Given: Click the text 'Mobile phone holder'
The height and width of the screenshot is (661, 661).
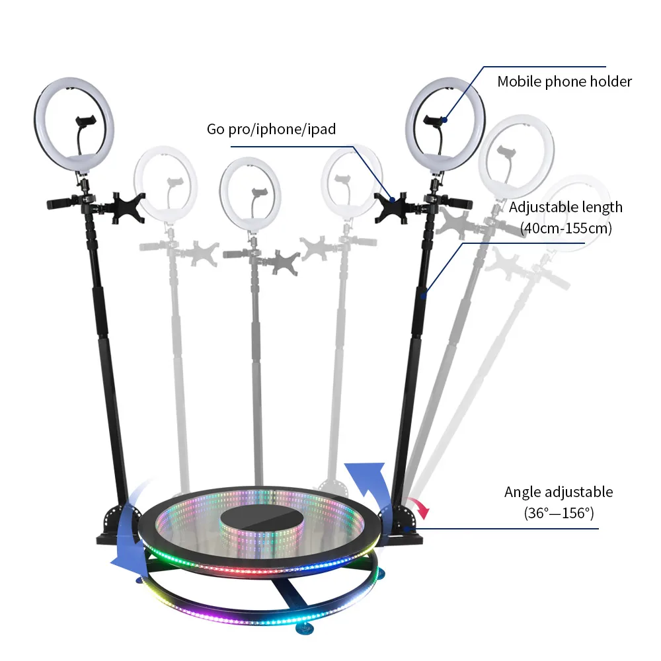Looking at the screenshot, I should pyautogui.click(x=564, y=82).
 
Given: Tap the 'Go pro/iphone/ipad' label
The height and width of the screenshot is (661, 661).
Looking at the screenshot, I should pyautogui.click(x=271, y=130).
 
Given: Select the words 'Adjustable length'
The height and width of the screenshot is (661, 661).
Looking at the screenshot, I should pyautogui.click(x=565, y=208).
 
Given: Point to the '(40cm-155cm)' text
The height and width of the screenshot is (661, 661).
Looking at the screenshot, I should pyautogui.click(x=565, y=229).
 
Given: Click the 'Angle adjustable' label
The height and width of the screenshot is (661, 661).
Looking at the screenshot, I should pyautogui.click(x=559, y=492).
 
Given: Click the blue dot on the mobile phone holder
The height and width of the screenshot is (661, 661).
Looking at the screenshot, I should pyautogui.click(x=445, y=120).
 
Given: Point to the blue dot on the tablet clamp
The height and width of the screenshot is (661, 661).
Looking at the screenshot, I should pyautogui.click(x=392, y=198).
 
